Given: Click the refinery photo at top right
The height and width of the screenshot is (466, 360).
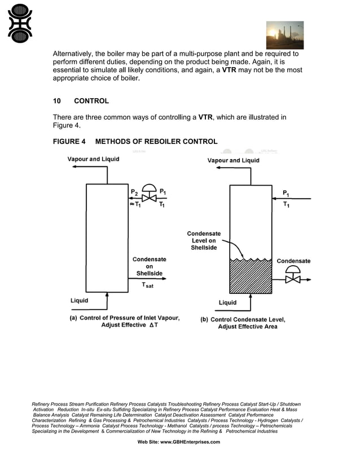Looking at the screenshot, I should click(x=284, y=36).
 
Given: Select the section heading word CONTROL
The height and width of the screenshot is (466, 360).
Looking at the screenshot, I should click(x=91, y=101).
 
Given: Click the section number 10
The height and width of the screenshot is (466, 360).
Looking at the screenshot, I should click(x=57, y=101).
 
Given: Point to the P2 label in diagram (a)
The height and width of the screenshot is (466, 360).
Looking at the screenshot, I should click(x=134, y=192).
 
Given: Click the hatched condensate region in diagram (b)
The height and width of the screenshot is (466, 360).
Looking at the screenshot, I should click(x=250, y=276).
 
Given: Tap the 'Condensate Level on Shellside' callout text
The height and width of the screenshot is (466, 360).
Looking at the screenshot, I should click(x=204, y=240).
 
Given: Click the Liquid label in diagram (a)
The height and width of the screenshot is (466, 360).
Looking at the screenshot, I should click(x=79, y=300).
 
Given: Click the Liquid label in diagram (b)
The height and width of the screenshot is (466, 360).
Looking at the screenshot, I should click(x=228, y=302).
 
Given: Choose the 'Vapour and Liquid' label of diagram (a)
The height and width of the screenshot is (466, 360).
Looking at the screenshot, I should click(x=93, y=159).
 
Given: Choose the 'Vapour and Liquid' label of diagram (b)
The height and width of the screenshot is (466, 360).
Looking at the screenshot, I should click(x=234, y=160).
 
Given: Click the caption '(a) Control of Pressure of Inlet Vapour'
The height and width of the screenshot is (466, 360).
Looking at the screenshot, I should click(x=124, y=318).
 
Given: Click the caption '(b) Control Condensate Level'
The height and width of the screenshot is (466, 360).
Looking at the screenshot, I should click(x=243, y=320).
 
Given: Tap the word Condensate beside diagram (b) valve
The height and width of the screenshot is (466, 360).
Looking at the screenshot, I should click(x=293, y=261).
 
